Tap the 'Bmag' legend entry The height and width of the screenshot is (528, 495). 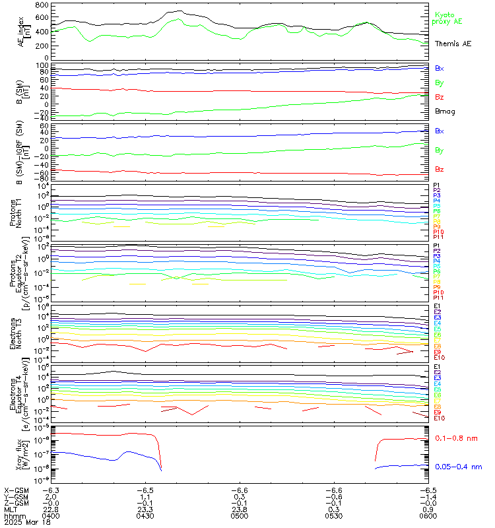pos(445,111)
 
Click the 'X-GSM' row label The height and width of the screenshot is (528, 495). pos(15,490)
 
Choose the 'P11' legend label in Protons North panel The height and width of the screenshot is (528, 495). pos(439,236)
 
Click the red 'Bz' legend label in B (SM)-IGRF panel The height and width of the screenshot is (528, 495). pos(440,169)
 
